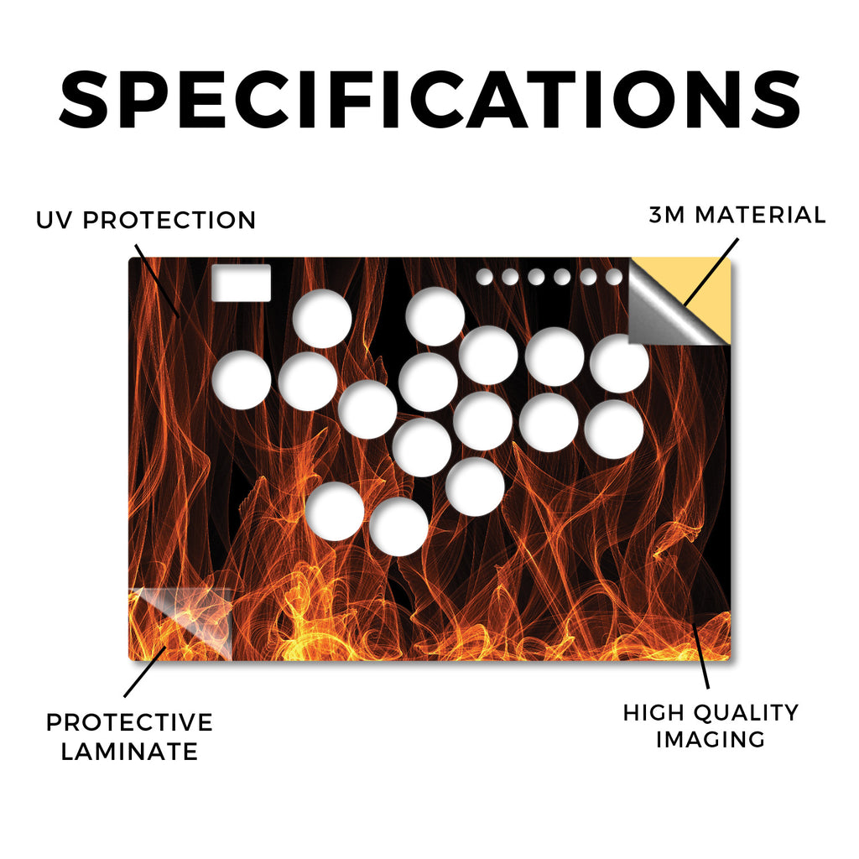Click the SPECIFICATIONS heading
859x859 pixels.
click(429, 100)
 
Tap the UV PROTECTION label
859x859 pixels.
click(146, 221)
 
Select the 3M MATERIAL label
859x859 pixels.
click(737, 215)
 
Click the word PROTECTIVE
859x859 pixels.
click(129, 722)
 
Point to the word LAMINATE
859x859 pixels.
click(129, 751)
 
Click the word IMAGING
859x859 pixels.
click(711, 740)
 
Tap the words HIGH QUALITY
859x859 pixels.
click(711, 713)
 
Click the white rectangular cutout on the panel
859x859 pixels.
click(241, 283)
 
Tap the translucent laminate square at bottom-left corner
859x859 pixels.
click(180, 623)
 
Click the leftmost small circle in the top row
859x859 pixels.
click(484, 277)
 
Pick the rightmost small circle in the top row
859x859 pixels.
click(614, 277)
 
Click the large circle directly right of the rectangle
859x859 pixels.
click(322, 318)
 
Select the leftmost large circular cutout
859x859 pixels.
click(242, 380)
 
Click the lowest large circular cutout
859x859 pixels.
click(398, 526)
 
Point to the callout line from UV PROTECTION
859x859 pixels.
click(157, 280)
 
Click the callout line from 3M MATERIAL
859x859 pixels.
click(711, 272)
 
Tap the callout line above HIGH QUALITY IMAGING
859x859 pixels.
click(700, 656)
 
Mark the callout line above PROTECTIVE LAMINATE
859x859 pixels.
click(144, 672)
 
